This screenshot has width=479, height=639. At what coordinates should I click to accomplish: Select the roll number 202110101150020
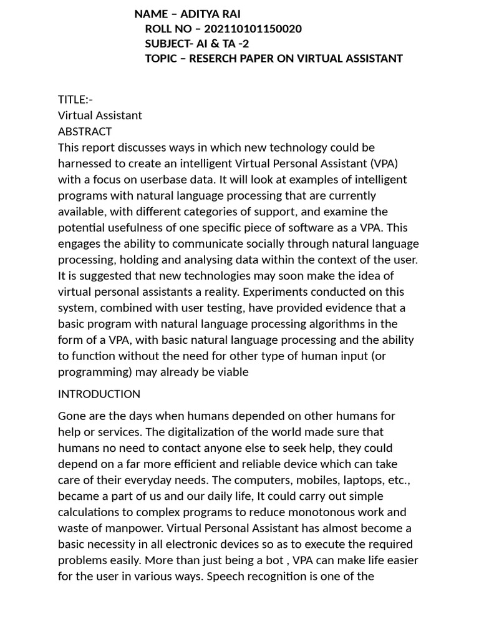point(253,29)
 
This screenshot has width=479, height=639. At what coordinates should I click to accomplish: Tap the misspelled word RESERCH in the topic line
point(214,59)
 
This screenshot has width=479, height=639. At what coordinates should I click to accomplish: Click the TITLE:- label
point(75,99)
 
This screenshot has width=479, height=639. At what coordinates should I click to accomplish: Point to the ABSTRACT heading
point(85,132)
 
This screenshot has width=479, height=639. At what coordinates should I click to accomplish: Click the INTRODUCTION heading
point(99,394)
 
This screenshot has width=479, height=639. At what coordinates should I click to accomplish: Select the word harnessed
point(85,163)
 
